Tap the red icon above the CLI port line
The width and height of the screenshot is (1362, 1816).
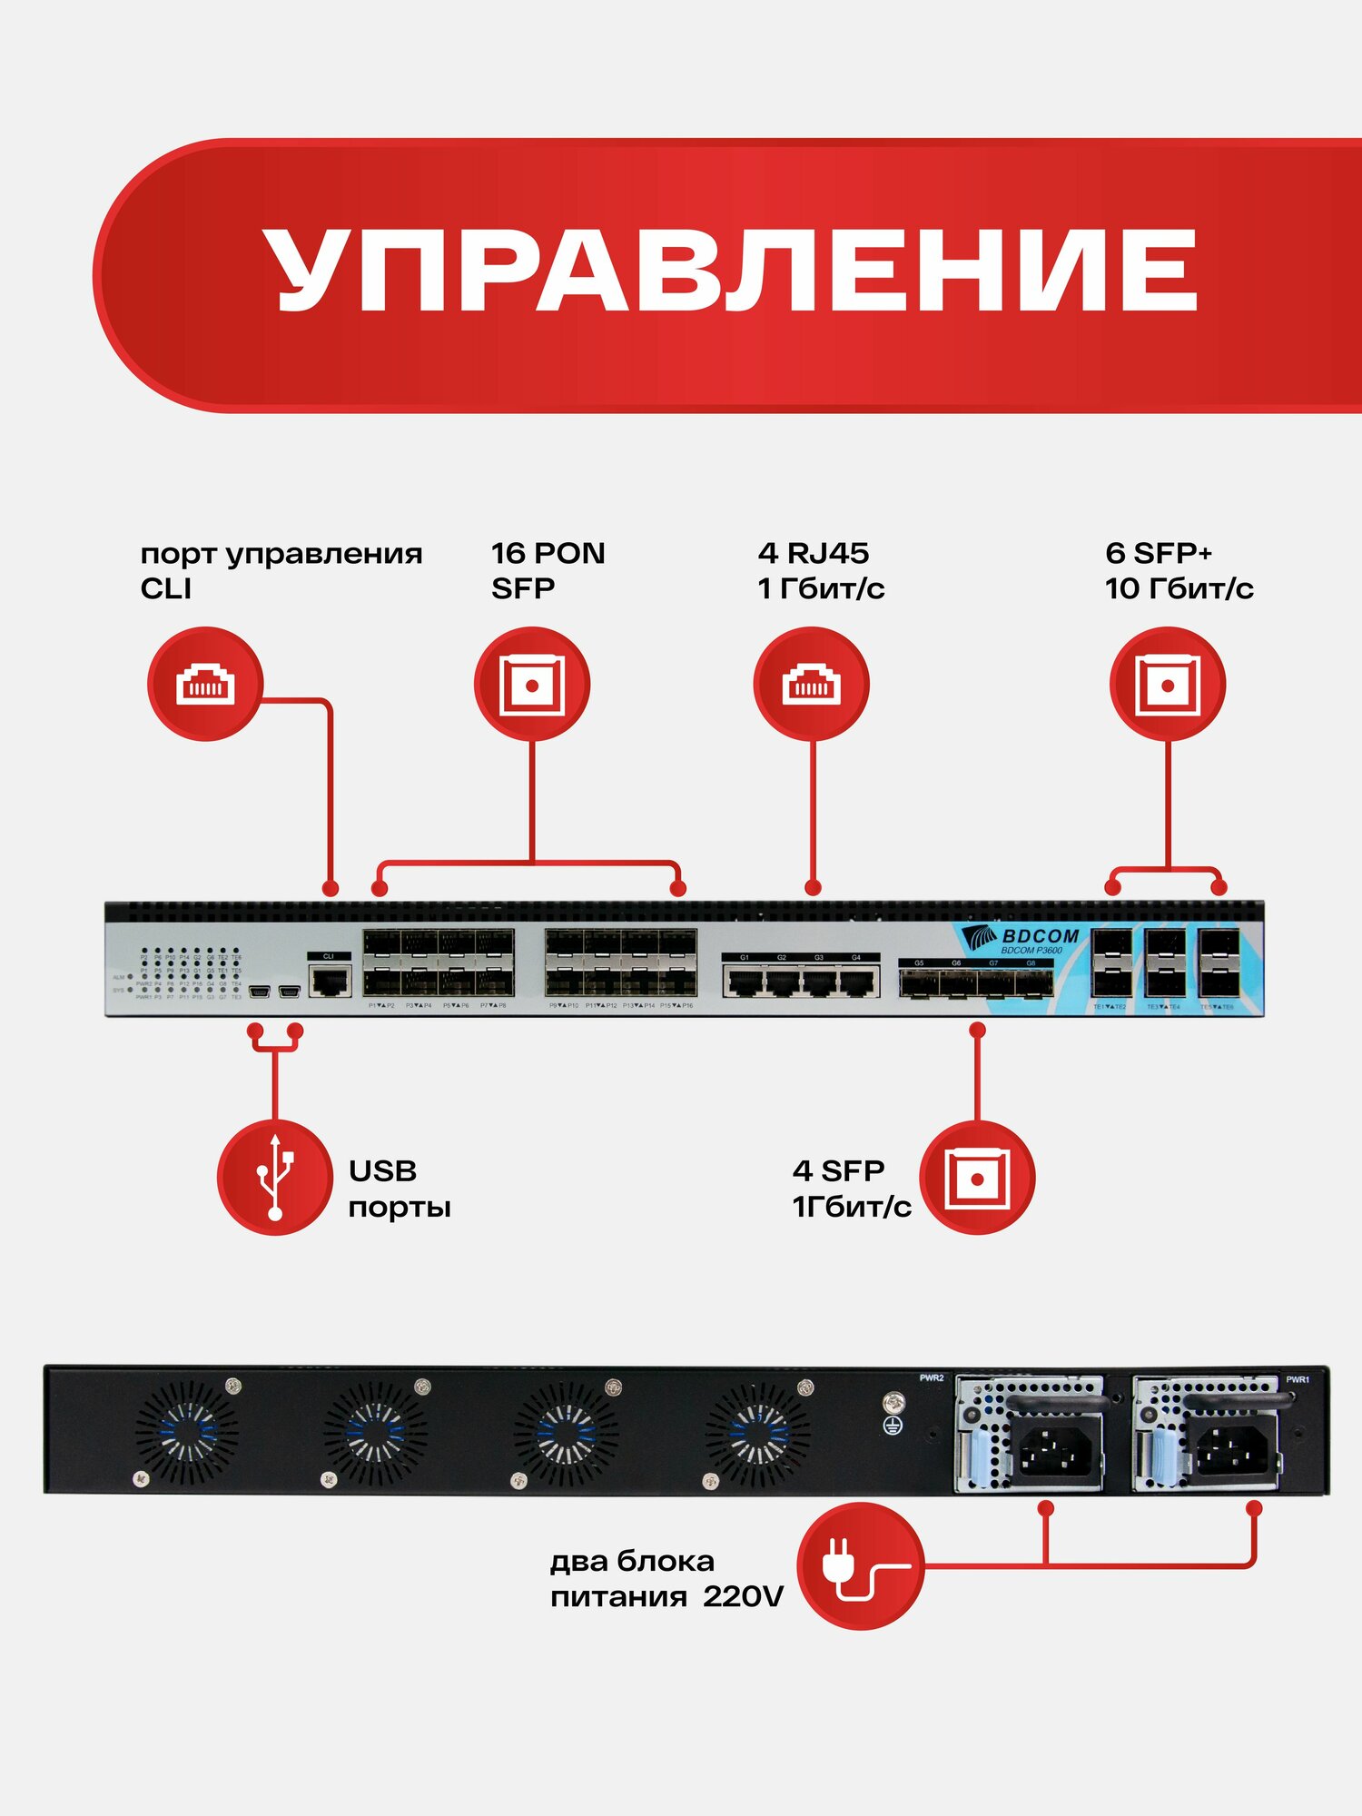205,684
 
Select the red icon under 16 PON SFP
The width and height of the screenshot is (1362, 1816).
532,684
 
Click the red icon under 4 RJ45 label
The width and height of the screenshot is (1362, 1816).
811,684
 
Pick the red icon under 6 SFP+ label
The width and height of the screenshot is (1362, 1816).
1168,684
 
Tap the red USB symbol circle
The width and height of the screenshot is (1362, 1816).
274,1178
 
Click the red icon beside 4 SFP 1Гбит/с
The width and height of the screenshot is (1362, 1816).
977,1178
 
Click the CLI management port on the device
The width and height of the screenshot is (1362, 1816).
330,981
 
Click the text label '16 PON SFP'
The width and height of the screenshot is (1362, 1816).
548,570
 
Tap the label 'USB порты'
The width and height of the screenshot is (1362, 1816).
399,1189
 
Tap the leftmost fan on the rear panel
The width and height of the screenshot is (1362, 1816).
187,1434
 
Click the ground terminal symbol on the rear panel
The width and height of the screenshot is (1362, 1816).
893,1426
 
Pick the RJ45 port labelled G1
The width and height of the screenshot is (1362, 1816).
745,982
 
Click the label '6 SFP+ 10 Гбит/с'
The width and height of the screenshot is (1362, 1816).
1178,570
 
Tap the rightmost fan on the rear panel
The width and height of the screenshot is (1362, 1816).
757,1434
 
